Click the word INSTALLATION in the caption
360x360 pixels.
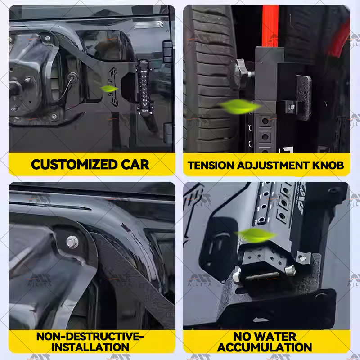[92, 347]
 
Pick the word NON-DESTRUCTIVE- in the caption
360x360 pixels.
[92, 336]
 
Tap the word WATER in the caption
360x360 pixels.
[281, 336]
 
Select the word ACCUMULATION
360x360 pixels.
[266, 347]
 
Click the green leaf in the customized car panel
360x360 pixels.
[109, 89]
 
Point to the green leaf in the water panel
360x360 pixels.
[257, 234]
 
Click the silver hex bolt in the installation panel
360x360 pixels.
[72, 242]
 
